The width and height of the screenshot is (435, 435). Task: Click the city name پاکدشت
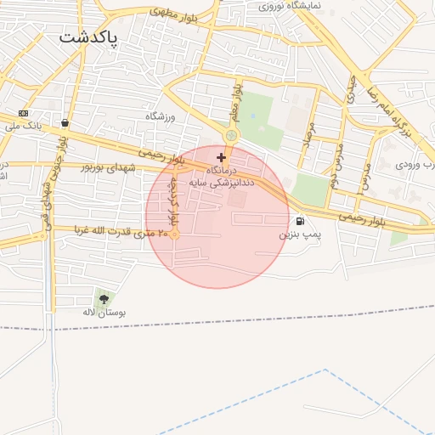[x=89, y=38]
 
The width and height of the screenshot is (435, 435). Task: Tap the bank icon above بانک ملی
[x=23, y=113]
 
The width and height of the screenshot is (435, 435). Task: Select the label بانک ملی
[x=23, y=127]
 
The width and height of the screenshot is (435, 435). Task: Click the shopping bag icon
[x=65, y=122]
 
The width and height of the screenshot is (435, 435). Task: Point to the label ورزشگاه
[x=160, y=116]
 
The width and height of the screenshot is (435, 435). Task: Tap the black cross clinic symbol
[x=222, y=157]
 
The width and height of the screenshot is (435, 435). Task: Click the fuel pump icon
[x=301, y=222]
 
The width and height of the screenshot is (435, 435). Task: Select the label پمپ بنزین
[x=301, y=234]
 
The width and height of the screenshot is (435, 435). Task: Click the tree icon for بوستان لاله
[x=105, y=299]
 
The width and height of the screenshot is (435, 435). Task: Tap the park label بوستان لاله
[x=104, y=313]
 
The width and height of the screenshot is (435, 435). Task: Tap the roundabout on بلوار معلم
[x=231, y=136]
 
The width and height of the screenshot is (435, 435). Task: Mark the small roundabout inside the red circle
[x=174, y=234]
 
